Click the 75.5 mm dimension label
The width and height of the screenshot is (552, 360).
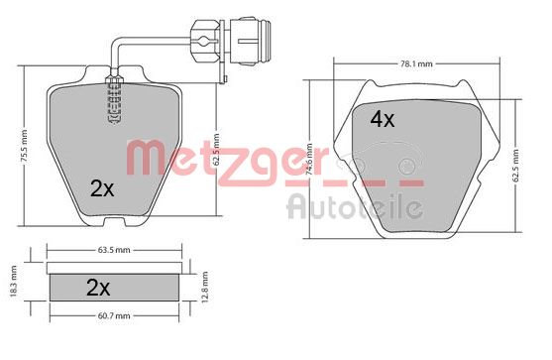coord(24,147)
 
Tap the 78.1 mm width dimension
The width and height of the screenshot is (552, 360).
coord(416,64)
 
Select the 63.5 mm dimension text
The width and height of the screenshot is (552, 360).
coord(114,250)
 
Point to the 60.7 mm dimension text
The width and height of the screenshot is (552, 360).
coord(114,315)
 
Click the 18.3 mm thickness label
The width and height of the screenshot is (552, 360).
coord(13,281)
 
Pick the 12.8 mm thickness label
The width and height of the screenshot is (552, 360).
coord(205,287)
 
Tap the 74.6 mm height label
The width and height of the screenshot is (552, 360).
coord(309,160)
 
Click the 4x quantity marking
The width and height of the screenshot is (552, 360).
coord(382,119)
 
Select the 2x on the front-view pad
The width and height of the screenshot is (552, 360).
coord(102,188)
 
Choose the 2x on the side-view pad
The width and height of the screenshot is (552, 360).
coord(98,288)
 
